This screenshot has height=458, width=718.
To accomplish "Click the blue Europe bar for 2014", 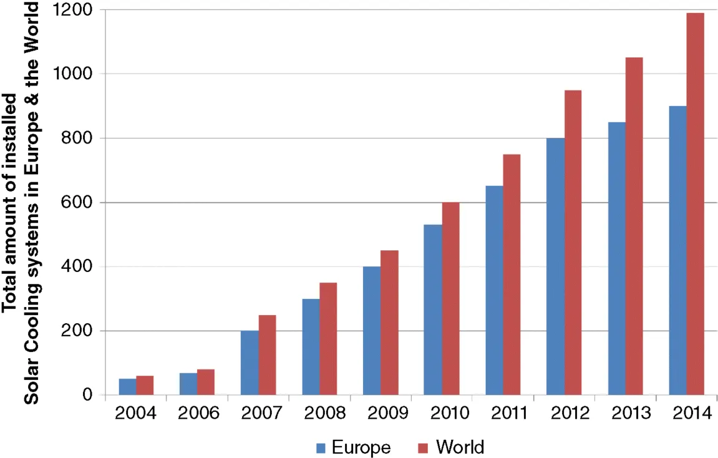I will point(677,250).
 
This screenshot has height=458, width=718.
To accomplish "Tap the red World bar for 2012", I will point(573,243).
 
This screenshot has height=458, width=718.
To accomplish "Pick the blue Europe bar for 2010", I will point(432,309).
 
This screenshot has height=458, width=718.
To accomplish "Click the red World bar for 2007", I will point(267,355).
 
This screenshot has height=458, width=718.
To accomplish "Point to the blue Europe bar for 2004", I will point(127,387).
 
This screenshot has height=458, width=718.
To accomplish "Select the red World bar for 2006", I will point(206,382).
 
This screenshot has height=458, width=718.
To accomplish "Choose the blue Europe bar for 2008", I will point(311,347).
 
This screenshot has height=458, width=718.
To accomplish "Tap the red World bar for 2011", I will point(512,275).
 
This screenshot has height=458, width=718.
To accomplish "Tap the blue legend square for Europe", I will point(321,447).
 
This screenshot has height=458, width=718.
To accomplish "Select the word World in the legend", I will point(460,447).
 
